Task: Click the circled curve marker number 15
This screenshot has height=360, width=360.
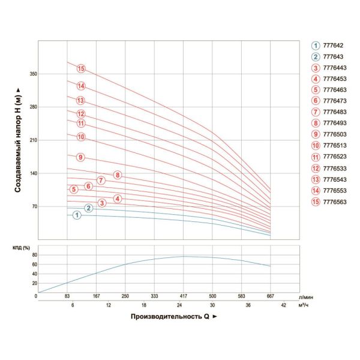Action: coord(81,69)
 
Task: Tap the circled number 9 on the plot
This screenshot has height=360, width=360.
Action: coord(80,157)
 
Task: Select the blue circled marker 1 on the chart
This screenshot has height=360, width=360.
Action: coord(77,215)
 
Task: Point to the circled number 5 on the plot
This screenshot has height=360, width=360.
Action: coord(74,190)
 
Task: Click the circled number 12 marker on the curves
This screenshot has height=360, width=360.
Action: coord(81,114)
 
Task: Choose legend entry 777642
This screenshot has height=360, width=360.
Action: coord(333,46)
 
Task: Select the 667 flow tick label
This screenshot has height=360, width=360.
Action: coord(271,295)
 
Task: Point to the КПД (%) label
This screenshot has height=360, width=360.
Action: coord(22,247)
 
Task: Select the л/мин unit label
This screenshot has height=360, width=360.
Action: coord(305,296)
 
